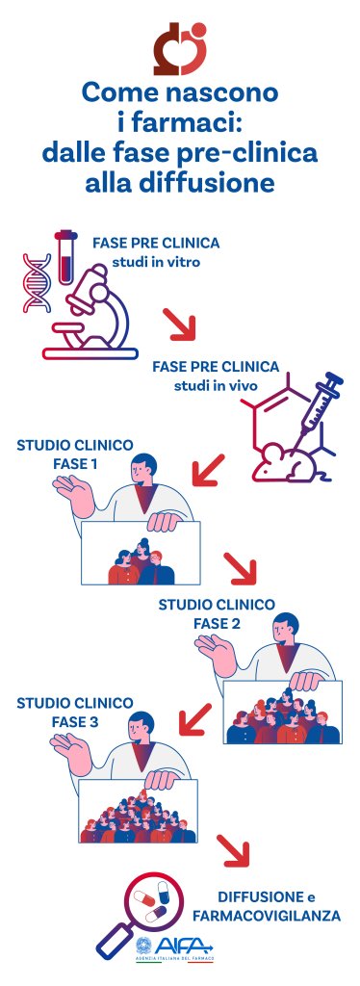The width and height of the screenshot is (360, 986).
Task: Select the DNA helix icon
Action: [39, 283]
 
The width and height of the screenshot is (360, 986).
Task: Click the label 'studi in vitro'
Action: [155, 261]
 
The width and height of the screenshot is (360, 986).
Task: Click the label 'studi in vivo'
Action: [216, 386]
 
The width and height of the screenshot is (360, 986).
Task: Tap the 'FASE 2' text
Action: [217, 623]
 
